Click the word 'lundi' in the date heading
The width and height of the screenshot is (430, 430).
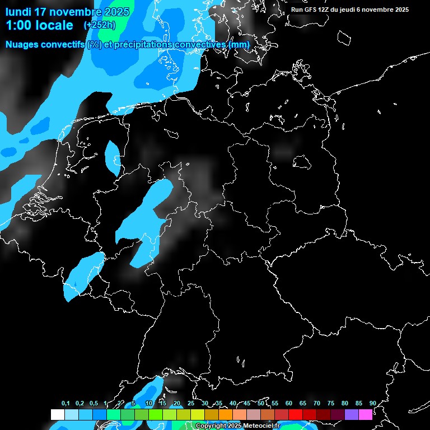[x=18, y=12]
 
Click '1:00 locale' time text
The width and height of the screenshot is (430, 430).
[x=40, y=25]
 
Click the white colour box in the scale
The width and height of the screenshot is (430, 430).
[x=57, y=414]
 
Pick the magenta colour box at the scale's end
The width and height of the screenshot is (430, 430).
[x=366, y=414]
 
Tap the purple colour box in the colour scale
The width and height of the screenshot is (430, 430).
[x=352, y=414]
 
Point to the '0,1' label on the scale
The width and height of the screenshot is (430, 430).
[x=66, y=404]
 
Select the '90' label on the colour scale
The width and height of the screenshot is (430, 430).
[x=373, y=404]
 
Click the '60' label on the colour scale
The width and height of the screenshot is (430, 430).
[x=289, y=404]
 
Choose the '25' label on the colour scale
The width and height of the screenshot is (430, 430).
[x=191, y=404]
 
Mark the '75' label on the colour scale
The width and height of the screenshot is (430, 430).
[x=331, y=404]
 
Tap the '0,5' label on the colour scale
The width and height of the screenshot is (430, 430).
[x=94, y=404]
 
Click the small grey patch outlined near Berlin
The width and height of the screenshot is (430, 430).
[x=302, y=162]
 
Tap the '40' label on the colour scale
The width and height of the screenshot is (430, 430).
[x=233, y=404]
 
